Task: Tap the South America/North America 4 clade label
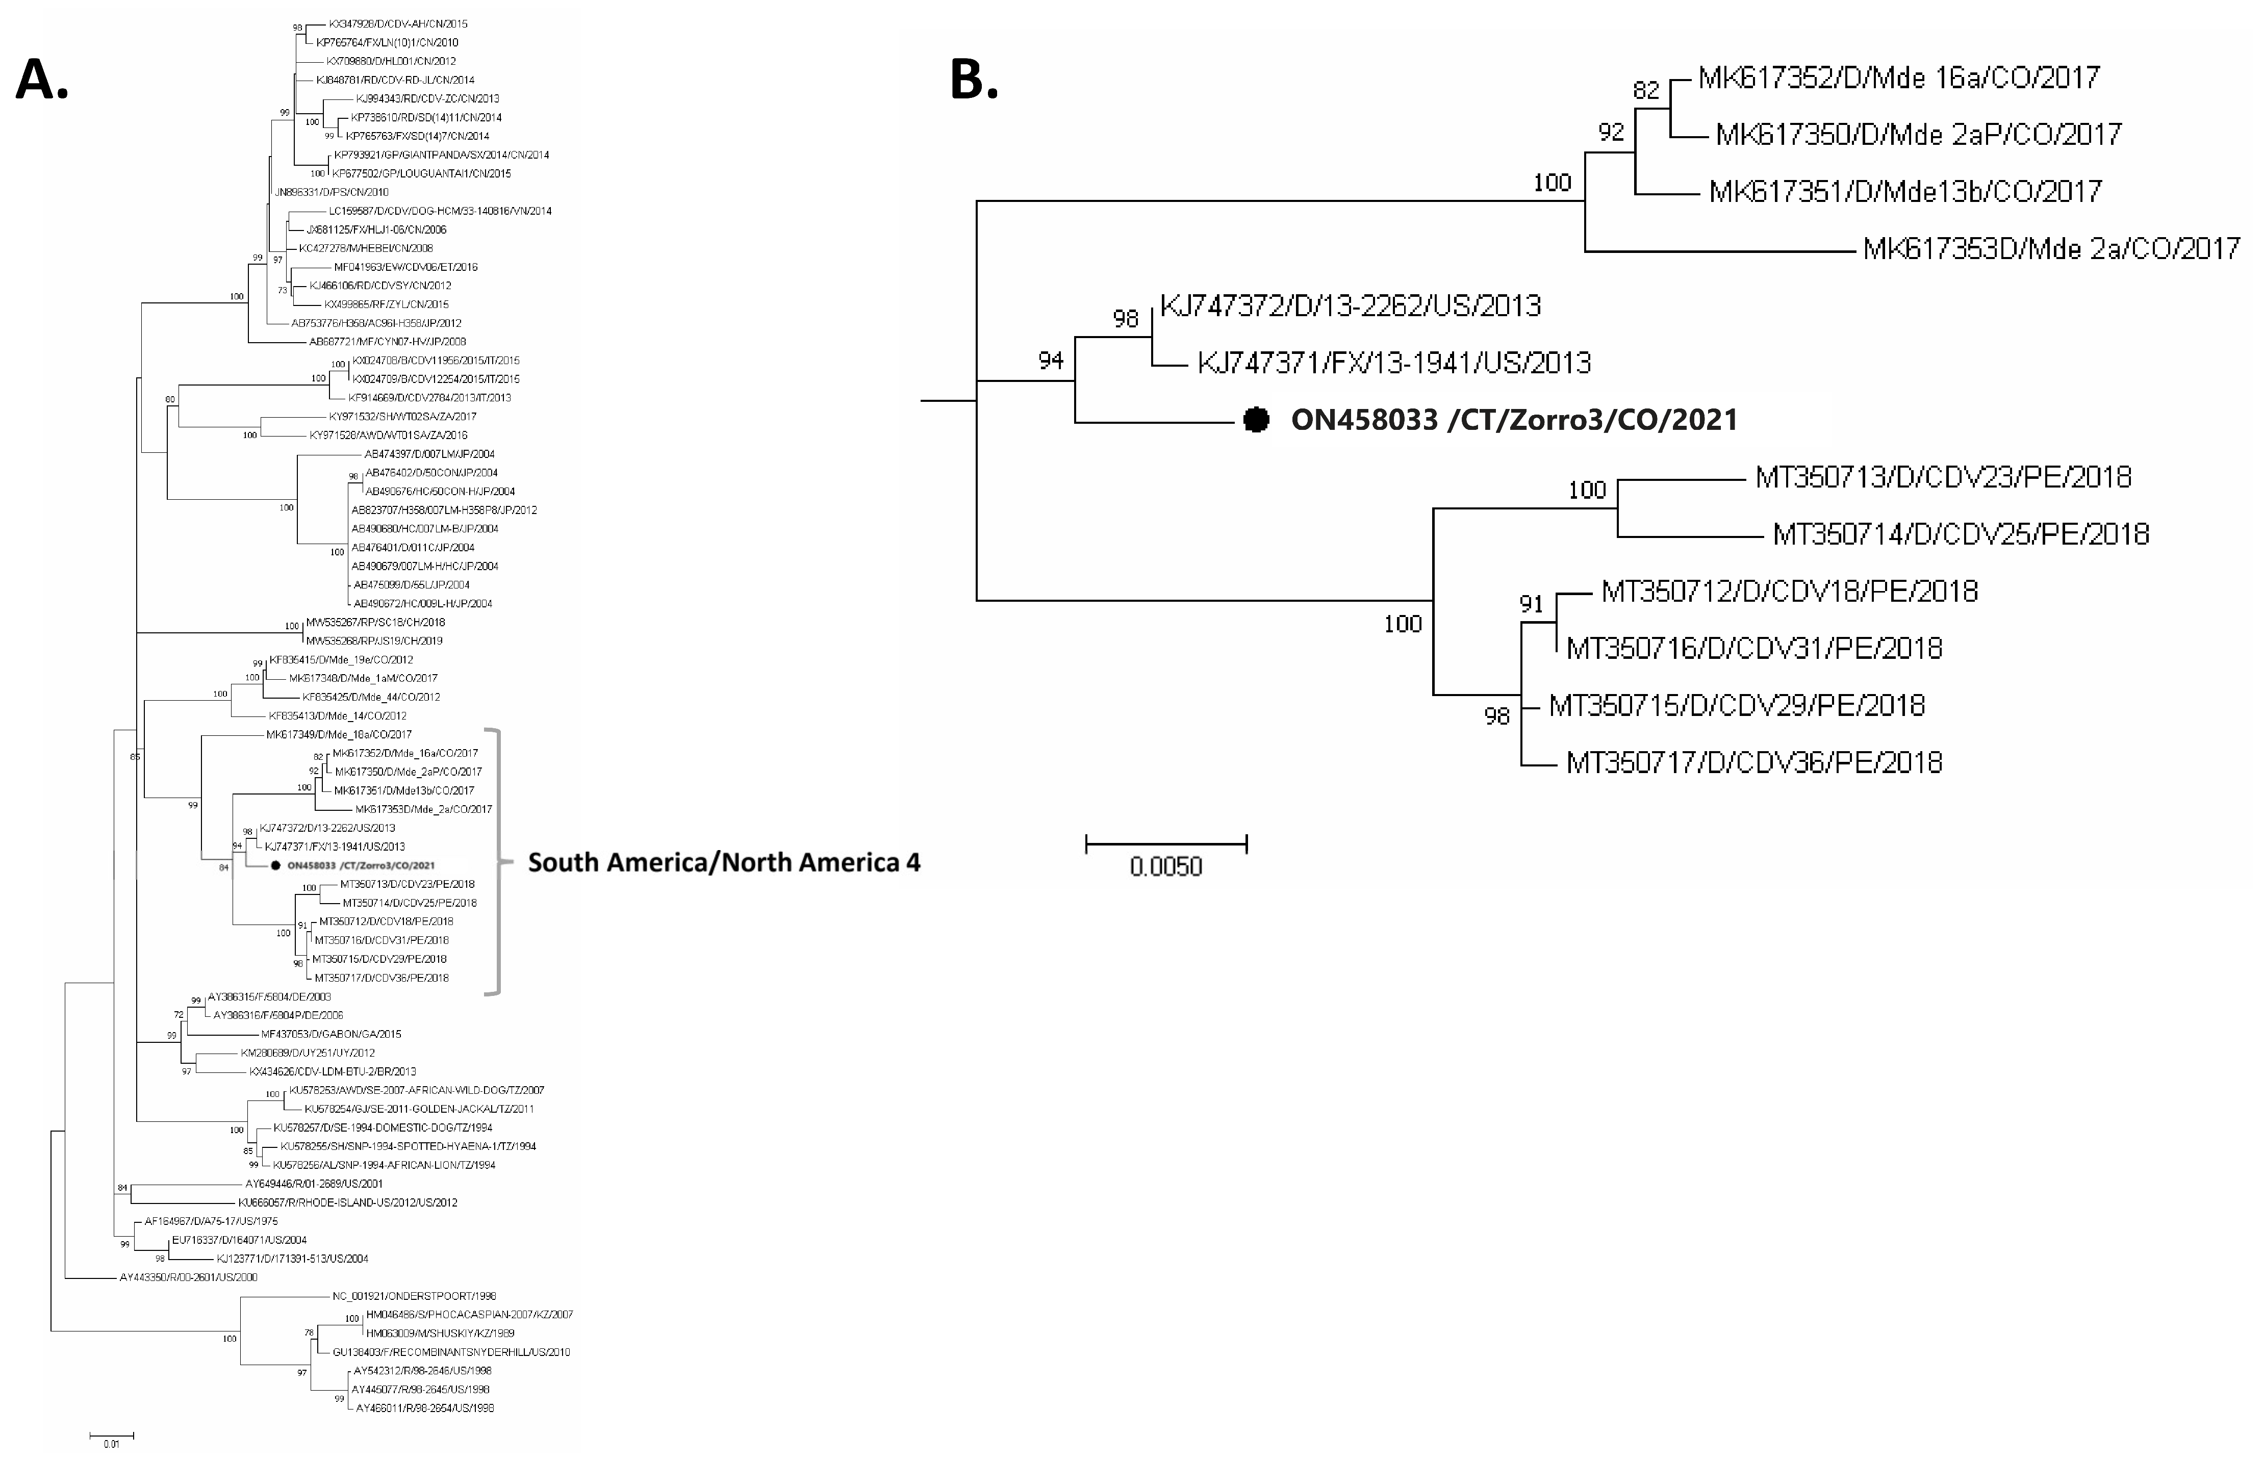[724, 862]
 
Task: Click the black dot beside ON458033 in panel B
[1256, 419]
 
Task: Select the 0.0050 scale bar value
[1165, 866]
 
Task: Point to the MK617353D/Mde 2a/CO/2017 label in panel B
[2050, 248]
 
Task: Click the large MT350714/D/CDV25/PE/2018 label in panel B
[1961, 534]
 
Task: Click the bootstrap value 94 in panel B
[1050, 361]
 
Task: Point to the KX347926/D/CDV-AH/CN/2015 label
[397, 24]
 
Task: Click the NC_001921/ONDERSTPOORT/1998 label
[414, 1296]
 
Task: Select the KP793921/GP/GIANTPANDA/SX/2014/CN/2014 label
[440, 155]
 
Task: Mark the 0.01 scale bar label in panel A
[111, 1444]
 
